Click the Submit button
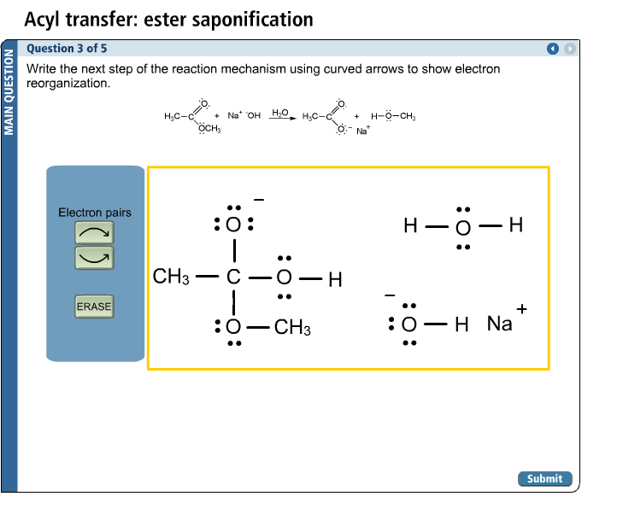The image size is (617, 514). (x=544, y=479)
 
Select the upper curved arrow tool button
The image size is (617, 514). (x=94, y=231)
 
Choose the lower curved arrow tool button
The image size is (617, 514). (x=94, y=255)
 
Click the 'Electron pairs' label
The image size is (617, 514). (x=95, y=212)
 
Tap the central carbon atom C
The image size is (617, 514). (x=233, y=277)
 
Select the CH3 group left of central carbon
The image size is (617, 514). (x=171, y=277)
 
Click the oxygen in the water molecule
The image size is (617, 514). (x=462, y=228)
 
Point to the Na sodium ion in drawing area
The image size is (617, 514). (x=499, y=324)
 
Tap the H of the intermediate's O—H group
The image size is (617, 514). (x=335, y=279)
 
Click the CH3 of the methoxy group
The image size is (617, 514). (x=292, y=328)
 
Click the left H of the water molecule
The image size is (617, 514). (x=411, y=227)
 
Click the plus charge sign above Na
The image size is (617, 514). (x=521, y=309)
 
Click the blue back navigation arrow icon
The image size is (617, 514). (x=553, y=49)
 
